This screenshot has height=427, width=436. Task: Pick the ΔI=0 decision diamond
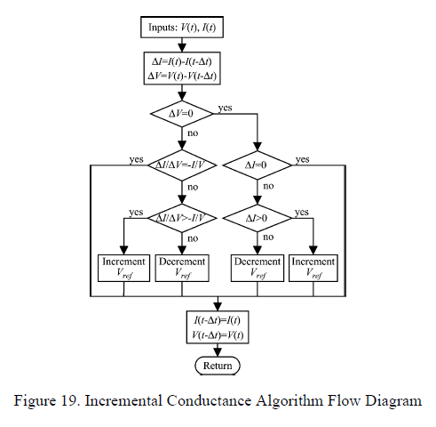(x=257, y=165)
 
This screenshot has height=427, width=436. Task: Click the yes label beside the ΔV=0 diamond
(x=225, y=108)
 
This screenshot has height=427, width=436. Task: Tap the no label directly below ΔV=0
(x=193, y=134)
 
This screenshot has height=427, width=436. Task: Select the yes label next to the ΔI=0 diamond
(x=303, y=159)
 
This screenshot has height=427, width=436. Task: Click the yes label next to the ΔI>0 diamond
(x=301, y=213)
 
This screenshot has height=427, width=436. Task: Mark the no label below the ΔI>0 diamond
(x=268, y=238)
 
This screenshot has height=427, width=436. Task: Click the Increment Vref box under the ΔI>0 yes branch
(x=313, y=268)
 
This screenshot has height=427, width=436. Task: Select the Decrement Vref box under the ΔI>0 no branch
(x=257, y=268)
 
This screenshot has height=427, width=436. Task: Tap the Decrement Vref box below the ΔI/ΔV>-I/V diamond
(x=182, y=268)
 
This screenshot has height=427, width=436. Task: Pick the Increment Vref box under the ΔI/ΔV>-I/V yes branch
(x=123, y=268)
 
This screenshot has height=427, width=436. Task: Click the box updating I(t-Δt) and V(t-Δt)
(x=218, y=326)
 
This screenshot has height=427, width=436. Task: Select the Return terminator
(x=218, y=365)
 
